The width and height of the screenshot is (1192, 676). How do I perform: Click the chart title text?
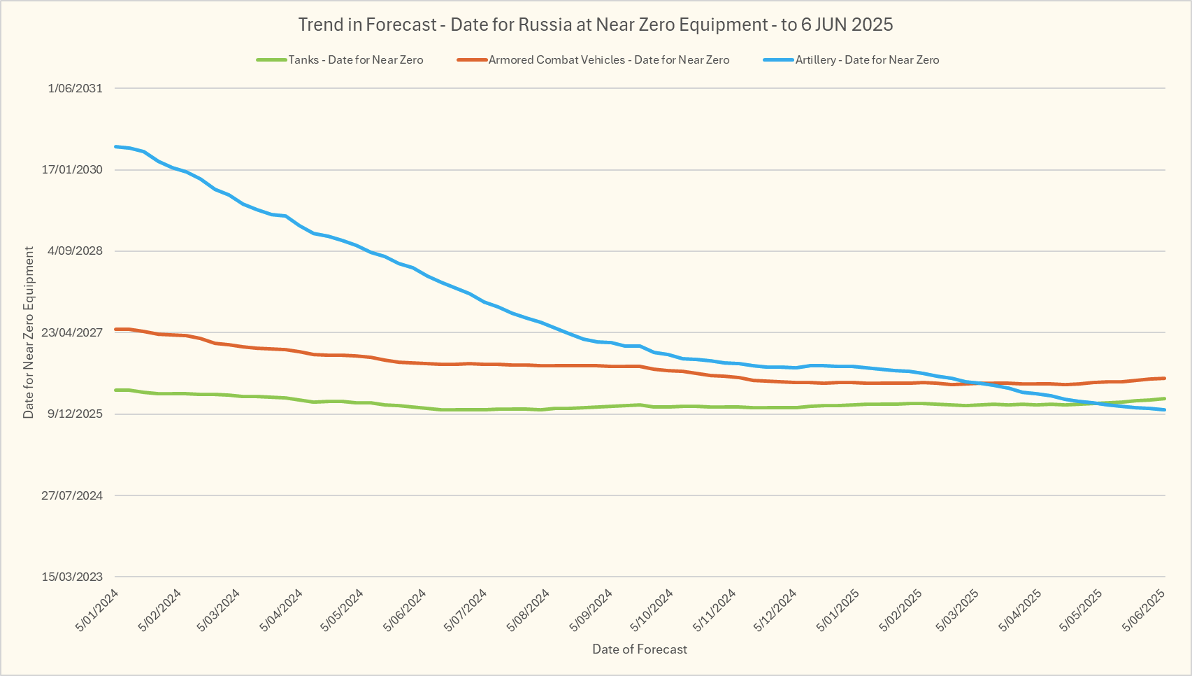pos(596,25)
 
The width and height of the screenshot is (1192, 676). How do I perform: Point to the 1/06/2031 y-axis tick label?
pos(75,88)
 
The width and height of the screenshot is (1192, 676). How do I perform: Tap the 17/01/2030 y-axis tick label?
pos(72,169)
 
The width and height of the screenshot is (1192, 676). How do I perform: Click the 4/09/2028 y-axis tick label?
pos(75,251)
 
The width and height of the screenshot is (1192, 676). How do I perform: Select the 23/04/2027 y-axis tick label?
pos(72,332)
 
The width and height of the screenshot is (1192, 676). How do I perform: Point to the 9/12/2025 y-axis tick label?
pos(75,414)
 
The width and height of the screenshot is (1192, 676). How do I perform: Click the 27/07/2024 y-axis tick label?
pos(72,495)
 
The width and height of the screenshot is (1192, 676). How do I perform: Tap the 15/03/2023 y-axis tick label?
pos(72,577)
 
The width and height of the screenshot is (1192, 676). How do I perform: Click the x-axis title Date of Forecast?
pos(640,649)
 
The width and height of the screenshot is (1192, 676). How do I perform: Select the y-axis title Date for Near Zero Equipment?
pos(29,332)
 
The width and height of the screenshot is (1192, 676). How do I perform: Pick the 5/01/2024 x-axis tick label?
pos(97,610)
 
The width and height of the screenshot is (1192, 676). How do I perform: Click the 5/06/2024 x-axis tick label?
pos(405,610)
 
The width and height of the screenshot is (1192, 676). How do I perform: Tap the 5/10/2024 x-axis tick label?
pos(652,610)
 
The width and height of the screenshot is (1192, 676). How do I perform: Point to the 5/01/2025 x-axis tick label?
pos(838,610)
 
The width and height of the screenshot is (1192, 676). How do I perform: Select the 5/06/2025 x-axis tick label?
pos(1144,610)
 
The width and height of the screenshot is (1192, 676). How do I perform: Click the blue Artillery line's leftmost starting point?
pos(115,146)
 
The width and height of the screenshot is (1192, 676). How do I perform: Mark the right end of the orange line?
pos(1165,378)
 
